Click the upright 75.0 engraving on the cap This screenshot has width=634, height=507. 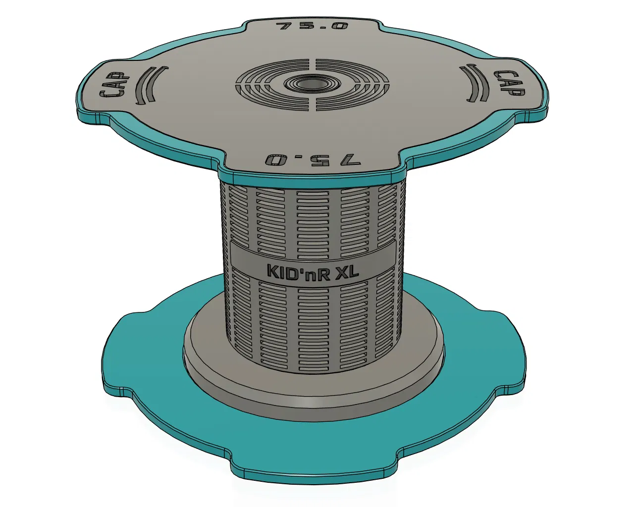point(312,26)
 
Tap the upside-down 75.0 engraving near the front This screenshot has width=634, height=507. point(313,159)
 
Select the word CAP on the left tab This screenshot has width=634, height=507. point(114,85)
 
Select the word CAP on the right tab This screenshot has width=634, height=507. point(509,83)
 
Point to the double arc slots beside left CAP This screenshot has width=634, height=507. point(151,85)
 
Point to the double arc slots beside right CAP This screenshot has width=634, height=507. point(474,83)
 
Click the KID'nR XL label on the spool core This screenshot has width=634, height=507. point(313,271)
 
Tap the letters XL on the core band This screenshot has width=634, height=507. point(348,270)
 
